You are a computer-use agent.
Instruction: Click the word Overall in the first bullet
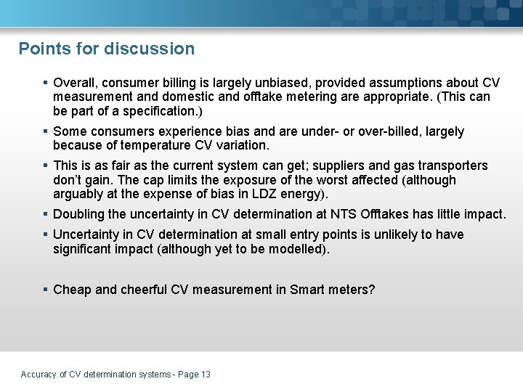[x=76, y=83]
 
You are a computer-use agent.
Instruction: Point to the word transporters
[x=453, y=166]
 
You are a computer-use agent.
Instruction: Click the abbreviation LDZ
[x=272, y=195]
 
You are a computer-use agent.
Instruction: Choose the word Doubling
[x=80, y=214]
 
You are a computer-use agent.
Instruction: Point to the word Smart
[x=307, y=290]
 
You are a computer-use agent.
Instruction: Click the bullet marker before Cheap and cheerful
[x=46, y=290]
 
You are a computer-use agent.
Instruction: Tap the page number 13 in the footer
[x=206, y=375]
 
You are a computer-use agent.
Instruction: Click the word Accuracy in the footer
[x=38, y=375]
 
